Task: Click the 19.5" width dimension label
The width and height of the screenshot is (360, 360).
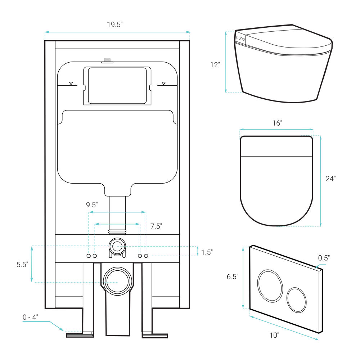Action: pyautogui.click(x=115, y=24)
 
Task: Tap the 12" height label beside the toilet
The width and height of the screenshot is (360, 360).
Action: pyautogui.click(x=215, y=65)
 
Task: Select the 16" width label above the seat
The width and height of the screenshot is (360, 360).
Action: pyautogui.click(x=277, y=123)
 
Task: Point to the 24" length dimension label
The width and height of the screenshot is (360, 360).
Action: pyautogui.click(x=330, y=179)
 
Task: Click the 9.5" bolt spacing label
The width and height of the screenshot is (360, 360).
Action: pyautogui.click(x=92, y=204)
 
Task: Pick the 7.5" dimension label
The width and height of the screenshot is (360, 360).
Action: pyautogui.click(x=156, y=226)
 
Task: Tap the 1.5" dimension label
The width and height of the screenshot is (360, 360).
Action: pyautogui.click(x=207, y=252)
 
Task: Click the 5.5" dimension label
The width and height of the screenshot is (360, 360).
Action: pyautogui.click(x=22, y=265)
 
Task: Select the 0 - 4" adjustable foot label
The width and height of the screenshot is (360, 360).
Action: pyautogui.click(x=30, y=317)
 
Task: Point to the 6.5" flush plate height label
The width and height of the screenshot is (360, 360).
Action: pyautogui.click(x=233, y=276)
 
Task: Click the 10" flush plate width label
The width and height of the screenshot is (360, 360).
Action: pyautogui.click(x=274, y=335)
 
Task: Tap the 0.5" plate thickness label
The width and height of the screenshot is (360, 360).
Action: pyautogui.click(x=324, y=258)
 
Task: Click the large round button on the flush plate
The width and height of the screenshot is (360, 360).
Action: pyautogui.click(x=270, y=285)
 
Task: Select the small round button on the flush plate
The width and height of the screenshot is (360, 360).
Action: pyautogui.click(x=296, y=300)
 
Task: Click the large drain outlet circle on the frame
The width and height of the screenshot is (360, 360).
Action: pyautogui.click(x=118, y=281)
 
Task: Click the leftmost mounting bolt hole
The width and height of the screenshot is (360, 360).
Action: pyautogui.click(x=89, y=256)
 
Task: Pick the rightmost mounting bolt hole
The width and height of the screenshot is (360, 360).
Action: pyautogui.click(x=146, y=256)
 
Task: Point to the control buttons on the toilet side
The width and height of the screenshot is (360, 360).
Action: pyautogui.click(x=240, y=39)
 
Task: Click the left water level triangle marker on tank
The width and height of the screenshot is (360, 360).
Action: pyautogui.click(x=71, y=84)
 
